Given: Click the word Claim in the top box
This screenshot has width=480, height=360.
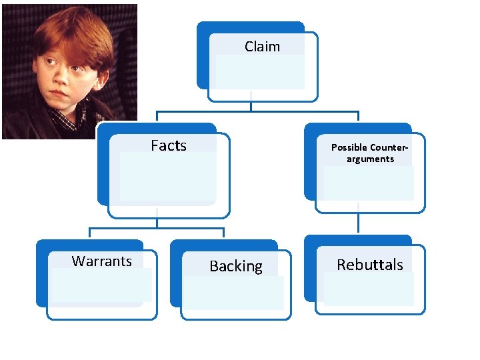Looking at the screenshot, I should click(x=262, y=47).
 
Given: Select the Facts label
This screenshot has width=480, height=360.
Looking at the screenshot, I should click(x=169, y=145).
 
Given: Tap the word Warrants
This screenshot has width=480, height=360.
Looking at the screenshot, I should click(x=102, y=261).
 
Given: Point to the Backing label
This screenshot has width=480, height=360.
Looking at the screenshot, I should click(x=236, y=267).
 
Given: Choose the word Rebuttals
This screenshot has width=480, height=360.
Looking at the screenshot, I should click(x=370, y=265).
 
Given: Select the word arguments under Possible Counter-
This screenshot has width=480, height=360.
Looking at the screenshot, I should click(x=370, y=159).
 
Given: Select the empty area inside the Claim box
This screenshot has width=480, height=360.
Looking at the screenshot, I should click(x=260, y=72).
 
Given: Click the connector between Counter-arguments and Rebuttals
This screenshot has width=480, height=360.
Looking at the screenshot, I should click(x=358, y=223).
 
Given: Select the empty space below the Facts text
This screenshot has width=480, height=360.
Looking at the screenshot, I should click(x=168, y=177).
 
